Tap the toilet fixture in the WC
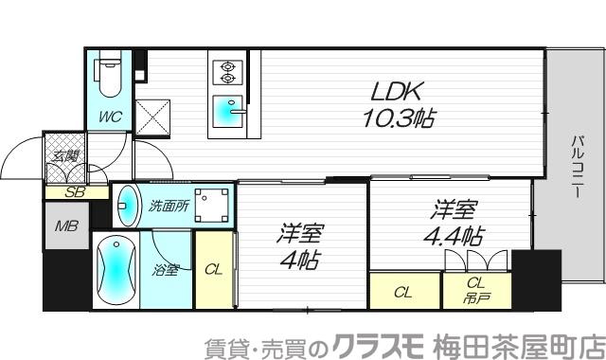tap(108, 81)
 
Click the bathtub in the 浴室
tap(115, 268)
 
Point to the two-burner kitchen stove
tap(228, 72)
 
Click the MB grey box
tap(65, 226)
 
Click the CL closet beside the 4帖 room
tap(213, 269)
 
